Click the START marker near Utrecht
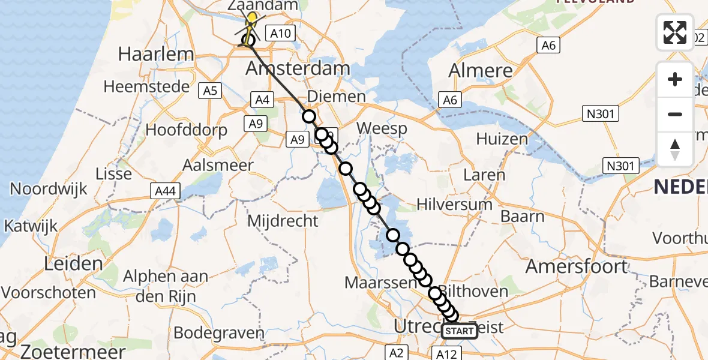(460, 331)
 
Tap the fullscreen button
(675, 32)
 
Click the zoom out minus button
(675, 114)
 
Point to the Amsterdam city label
(298, 68)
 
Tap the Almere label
(481, 70)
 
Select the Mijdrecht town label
(283, 221)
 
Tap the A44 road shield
(164, 190)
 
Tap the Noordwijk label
(49, 189)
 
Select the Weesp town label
(381, 128)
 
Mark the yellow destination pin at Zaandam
(253, 19)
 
